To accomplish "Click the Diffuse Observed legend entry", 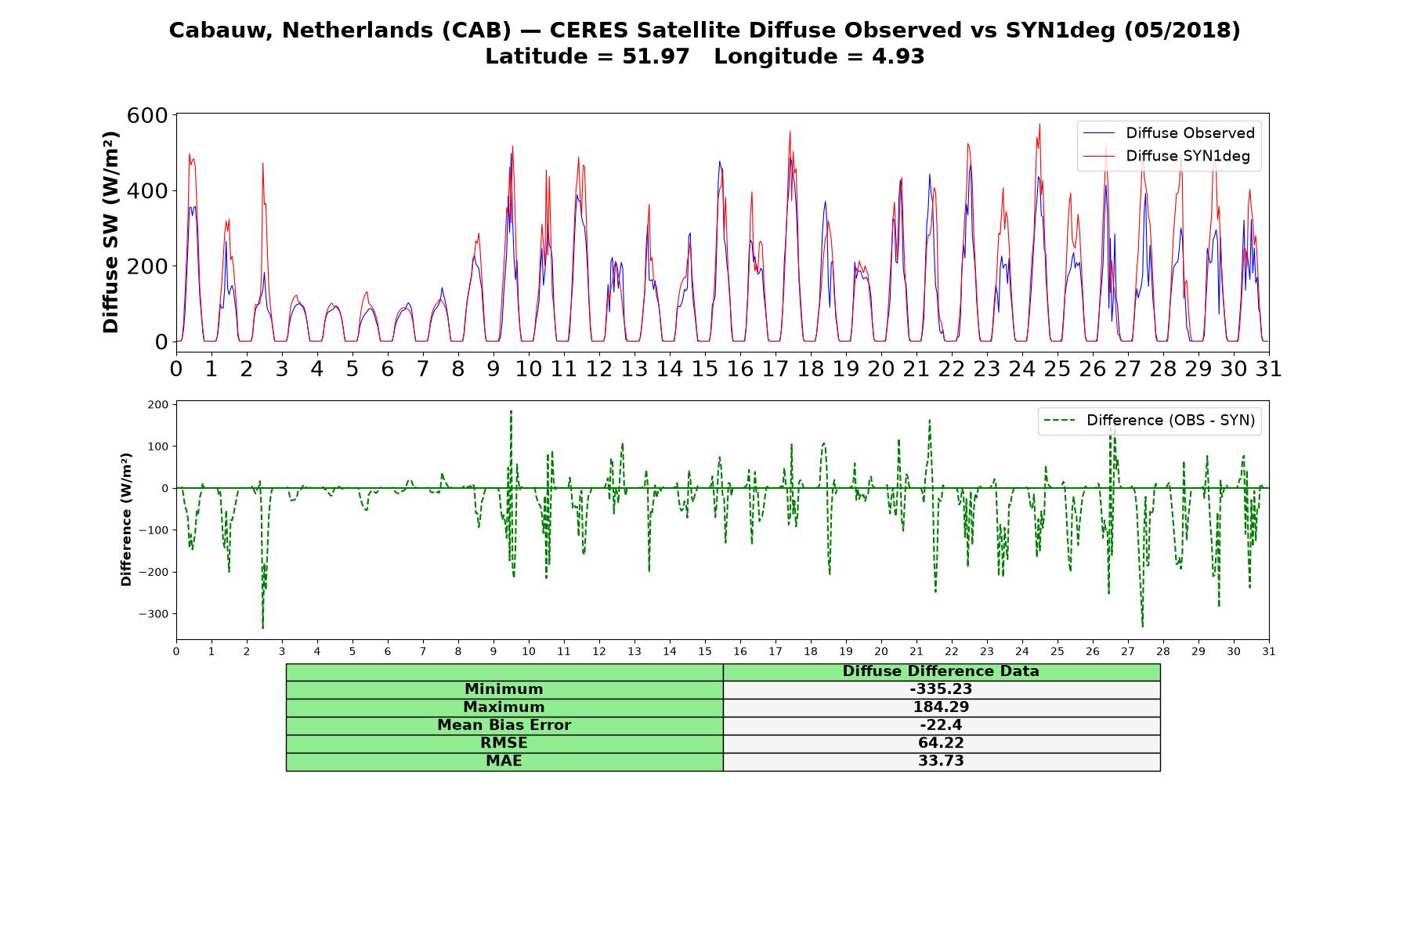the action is click(x=1168, y=133).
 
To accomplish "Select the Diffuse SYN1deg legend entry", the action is click(x=1166, y=156).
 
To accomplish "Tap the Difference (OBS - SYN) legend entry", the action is click(x=1149, y=421).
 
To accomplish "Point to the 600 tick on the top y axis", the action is click(x=148, y=115).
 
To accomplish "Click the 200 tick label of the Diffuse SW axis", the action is click(x=148, y=266).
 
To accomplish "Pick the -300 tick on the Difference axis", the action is click(x=154, y=614).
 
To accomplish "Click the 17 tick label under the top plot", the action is click(x=775, y=368).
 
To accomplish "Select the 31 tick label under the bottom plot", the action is click(x=1269, y=651).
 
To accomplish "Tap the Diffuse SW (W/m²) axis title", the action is click(x=110, y=233).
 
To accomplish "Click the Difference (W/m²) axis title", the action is click(x=126, y=519).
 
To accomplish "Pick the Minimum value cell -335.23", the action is click(x=941, y=689).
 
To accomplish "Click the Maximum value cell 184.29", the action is click(x=941, y=707).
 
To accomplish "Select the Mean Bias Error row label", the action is click(x=504, y=725).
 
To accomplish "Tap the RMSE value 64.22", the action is click(x=941, y=743).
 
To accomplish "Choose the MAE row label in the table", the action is click(x=504, y=761).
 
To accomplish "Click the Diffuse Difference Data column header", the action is click(x=941, y=671).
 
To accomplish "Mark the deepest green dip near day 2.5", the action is click(x=262, y=627).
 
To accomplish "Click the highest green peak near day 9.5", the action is click(x=511, y=411).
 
